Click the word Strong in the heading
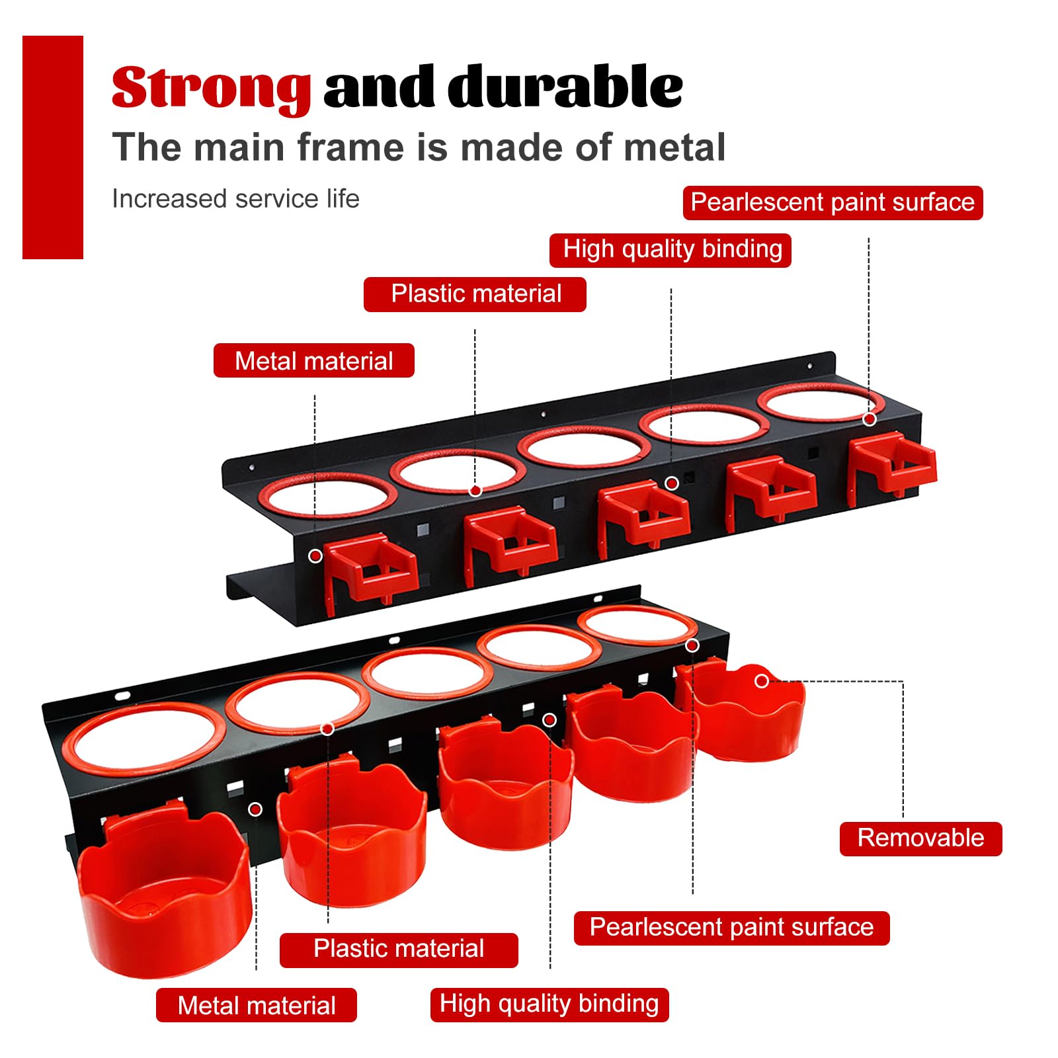211,88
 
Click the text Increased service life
235,198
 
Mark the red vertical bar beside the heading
53,147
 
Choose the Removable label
920,838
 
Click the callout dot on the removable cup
762,680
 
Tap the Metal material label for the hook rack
314,361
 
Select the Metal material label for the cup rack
257,1006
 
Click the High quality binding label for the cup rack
549,1004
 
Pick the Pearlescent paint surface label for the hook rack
833,202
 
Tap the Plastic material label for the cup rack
399,949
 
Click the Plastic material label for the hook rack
475,294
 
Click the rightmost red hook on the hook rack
891,466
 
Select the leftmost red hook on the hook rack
370,573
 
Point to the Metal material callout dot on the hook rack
315,556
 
